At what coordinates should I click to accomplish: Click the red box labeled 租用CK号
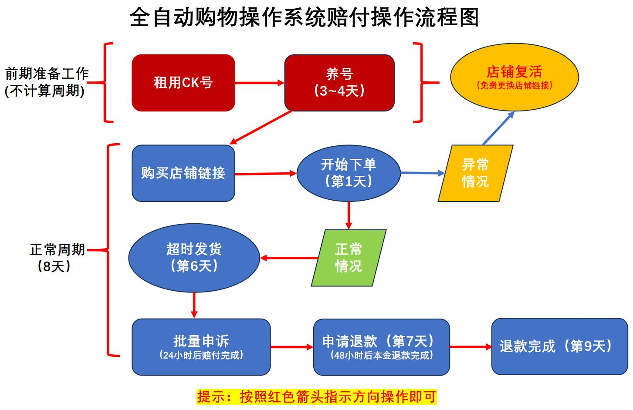pyautogui.click(x=183, y=83)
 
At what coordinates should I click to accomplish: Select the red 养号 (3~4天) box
pyautogui.click(x=339, y=83)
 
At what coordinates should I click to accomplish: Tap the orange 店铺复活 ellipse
pyautogui.click(x=514, y=77)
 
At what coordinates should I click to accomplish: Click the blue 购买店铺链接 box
pyautogui.click(x=183, y=173)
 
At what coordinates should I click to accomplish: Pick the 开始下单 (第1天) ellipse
pyautogui.click(x=348, y=173)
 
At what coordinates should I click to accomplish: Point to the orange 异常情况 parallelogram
pyautogui.click(x=475, y=173)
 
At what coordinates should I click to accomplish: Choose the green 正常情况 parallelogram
pyautogui.click(x=349, y=258)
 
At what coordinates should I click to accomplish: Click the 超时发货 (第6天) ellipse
pyautogui.click(x=194, y=258)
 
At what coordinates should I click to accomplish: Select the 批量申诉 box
pyautogui.click(x=201, y=347)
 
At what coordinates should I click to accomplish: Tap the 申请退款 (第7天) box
pyautogui.click(x=381, y=347)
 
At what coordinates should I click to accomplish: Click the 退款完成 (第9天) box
pyautogui.click(x=559, y=346)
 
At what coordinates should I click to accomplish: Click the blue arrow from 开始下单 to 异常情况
pyautogui.click(x=422, y=173)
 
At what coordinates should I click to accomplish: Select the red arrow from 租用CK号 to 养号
pyautogui.click(x=260, y=82)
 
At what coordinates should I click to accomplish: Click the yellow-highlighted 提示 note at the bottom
pyautogui.click(x=317, y=397)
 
